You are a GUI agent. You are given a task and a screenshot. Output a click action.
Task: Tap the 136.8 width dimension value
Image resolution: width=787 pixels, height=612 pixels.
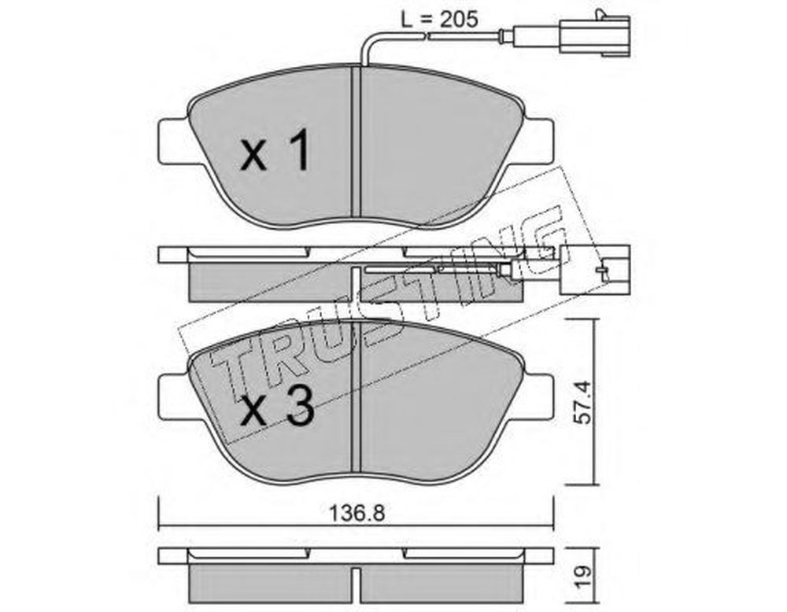click(357, 513)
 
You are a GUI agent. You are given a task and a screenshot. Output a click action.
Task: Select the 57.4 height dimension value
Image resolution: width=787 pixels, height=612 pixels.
click(582, 402)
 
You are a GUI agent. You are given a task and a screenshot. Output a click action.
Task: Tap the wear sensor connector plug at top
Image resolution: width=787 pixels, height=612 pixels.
click(594, 32)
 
